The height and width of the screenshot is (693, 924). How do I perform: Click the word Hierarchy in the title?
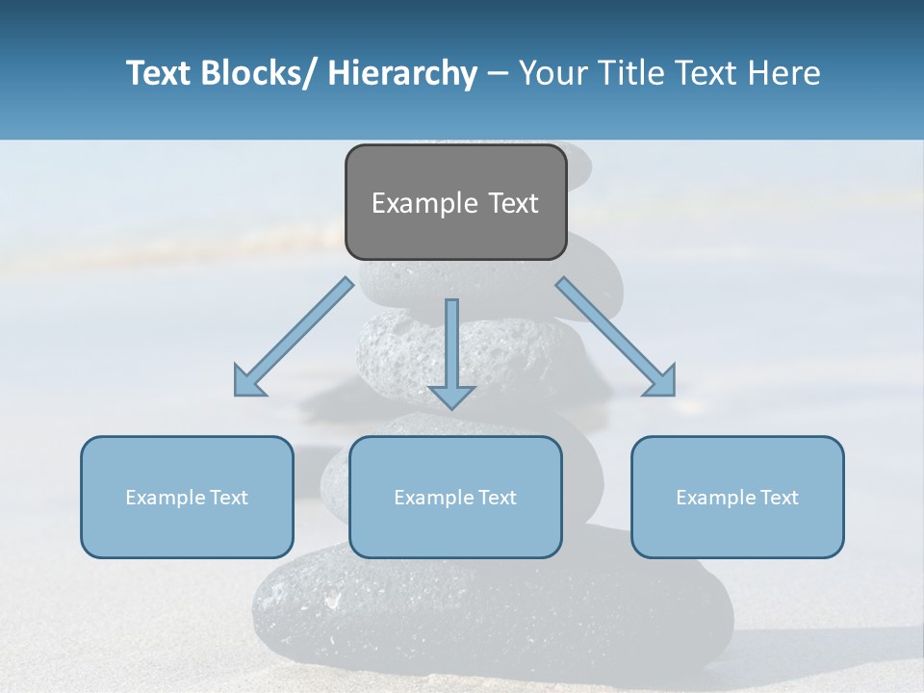(402, 74)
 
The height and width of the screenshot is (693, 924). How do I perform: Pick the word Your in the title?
(552, 73)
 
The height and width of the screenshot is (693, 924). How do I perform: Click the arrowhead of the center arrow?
(451, 397)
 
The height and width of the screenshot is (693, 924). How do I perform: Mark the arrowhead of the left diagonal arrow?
(246, 383)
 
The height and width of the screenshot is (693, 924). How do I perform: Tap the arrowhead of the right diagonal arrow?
(662, 383)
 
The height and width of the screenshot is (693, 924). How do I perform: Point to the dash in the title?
(498, 74)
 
